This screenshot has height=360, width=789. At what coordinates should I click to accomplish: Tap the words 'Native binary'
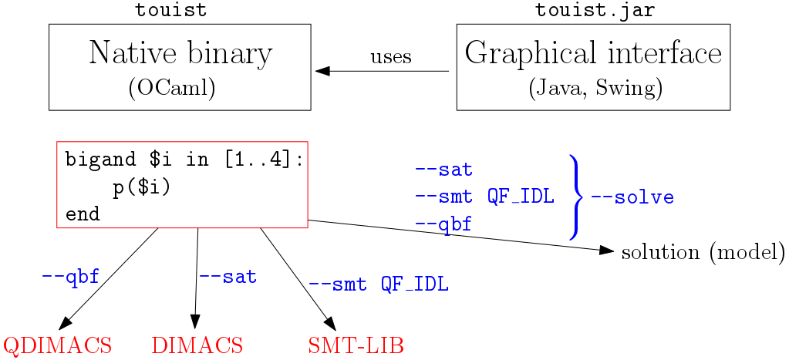pyautogui.click(x=180, y=53)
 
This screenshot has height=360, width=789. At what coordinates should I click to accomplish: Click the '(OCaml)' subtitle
pyautogui.click(x=171, y=88)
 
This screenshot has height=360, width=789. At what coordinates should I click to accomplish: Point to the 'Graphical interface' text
pyautogui.click(x=593, y=53)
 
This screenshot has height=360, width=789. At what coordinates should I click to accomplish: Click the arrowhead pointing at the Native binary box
pyautogui.click(x=322, y=71)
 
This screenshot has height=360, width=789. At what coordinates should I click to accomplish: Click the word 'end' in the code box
pyautogui.click(x=83, y=214)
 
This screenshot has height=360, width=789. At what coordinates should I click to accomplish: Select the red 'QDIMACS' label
pyautogui.click(x=59, y=345)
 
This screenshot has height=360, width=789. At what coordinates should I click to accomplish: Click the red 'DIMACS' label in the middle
pyautogui.click(x=197, y=345)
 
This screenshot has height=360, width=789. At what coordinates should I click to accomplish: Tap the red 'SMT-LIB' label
pyautogui.click(x=356, y=345)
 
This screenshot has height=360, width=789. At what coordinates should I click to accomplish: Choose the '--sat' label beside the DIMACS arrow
pyautogui.click(x=228, y=276)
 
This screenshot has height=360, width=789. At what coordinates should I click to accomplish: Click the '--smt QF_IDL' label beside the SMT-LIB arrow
pyautogui.click(x=378, y=284)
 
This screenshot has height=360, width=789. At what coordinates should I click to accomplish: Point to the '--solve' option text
pyautogui.click(x=632, y=197)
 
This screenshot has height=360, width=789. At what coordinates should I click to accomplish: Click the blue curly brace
pyautogui.click(x=575, y=197)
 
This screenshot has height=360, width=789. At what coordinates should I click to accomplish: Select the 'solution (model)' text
pyautogui.click(x=703, y=252)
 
